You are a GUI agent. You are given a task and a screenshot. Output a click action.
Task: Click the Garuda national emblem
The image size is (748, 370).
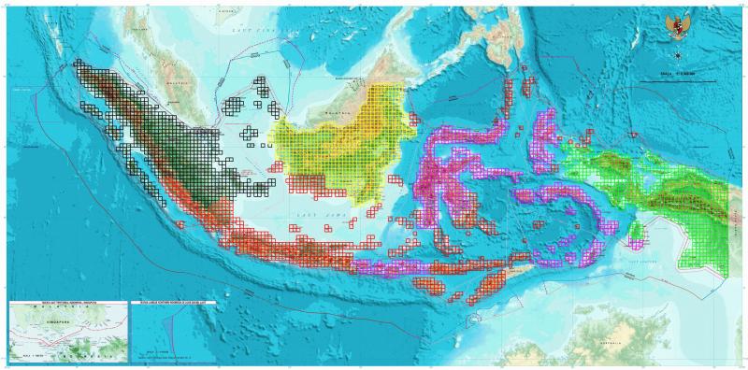pyautogui.click(x=676, y=26)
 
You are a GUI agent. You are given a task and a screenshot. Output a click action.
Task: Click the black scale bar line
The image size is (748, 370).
pyautogui.click(x=677, y=81)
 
